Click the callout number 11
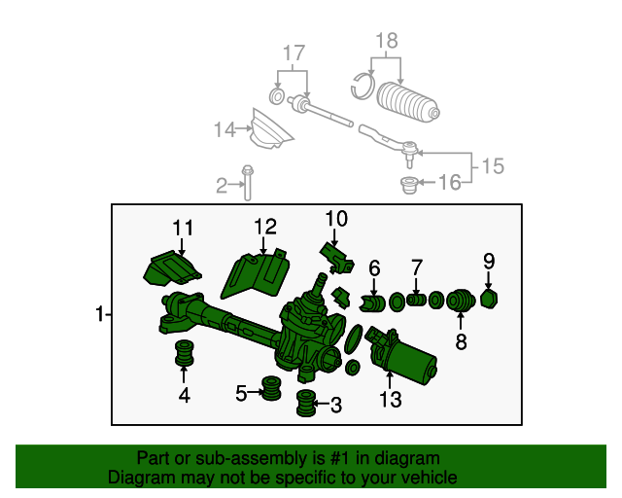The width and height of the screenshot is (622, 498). (x=184, y=228)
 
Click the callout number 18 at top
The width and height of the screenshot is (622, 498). (x=387, y=41)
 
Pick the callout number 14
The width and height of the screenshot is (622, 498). (x=225, y=128)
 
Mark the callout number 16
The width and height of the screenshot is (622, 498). (x=449, y=182)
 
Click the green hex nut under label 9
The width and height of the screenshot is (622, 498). (x=489, y=298)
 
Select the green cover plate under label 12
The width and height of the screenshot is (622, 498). (x=255, y=272)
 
